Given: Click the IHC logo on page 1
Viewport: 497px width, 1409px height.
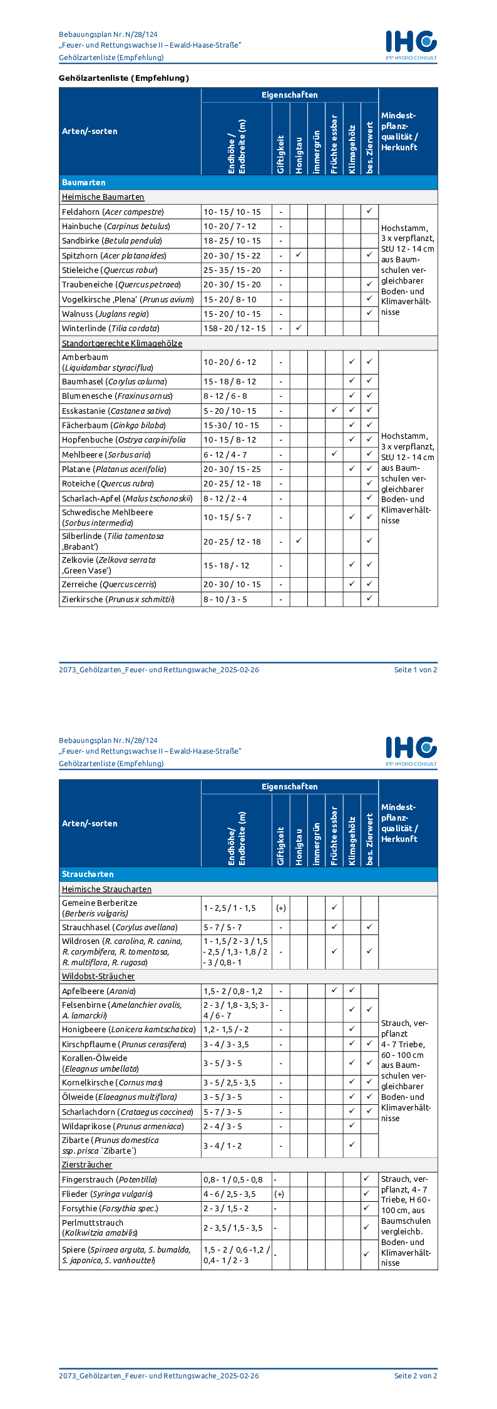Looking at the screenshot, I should (411, 44).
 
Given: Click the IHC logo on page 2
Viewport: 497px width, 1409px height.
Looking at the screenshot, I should (411, 750).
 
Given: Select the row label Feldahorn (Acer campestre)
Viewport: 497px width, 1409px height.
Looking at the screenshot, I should (113, 212).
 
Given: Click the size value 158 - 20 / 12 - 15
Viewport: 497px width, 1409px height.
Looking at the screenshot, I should (235, 329).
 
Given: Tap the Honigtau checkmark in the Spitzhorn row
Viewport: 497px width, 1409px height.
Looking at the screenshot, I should (299, 255).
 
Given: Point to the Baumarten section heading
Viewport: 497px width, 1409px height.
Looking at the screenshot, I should (84, 183).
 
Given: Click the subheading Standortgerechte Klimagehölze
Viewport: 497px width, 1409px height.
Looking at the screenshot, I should (122, 344).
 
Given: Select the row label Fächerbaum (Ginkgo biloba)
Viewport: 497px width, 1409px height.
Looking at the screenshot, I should (113, 426).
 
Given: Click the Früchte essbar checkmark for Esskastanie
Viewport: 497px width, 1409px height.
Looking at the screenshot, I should (334, 411).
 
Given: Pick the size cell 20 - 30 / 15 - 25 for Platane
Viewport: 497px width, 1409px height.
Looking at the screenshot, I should (232, 469).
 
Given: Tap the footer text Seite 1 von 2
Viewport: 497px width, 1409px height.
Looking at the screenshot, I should (416, 670).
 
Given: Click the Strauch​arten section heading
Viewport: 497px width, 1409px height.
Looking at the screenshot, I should (88, 874).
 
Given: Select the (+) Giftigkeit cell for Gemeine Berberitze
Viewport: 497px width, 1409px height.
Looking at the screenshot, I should (281, 908).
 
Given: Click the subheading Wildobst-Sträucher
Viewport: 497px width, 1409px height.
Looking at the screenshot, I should (98, 976).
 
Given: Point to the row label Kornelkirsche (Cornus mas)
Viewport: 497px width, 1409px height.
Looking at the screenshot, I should (112, 1083).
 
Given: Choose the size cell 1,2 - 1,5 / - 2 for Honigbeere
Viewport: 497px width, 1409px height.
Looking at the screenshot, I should (226, 1030).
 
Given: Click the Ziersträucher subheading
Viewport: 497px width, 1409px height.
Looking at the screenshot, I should (87, 1165).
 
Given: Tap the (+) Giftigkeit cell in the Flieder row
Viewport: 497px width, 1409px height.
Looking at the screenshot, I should (280, 1194).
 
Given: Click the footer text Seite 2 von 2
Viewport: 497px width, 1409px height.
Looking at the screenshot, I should (416, 1376).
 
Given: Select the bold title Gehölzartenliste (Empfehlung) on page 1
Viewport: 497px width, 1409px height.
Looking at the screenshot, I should (124, 78).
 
